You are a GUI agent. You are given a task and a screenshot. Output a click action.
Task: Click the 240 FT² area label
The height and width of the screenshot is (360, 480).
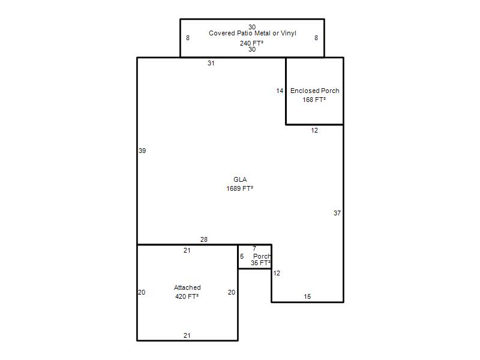(251, 43)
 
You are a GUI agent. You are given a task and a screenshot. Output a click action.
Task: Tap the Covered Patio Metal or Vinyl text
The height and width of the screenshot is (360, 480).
(253, 33)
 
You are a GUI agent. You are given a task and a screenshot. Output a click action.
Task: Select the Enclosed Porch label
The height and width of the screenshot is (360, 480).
(314, 91)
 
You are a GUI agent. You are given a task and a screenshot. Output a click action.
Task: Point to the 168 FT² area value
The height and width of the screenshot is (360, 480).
(314, 100)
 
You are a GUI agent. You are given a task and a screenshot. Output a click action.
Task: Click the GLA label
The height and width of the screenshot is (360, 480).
(240, 179)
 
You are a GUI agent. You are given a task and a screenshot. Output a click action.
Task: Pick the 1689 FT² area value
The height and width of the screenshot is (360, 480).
(239, 188)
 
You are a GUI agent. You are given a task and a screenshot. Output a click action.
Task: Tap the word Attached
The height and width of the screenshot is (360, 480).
(187, 287)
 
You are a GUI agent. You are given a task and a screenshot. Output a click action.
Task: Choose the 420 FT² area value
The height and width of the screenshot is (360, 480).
(187, 296)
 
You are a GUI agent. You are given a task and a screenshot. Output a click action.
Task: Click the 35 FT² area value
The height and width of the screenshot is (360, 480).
(260, 263)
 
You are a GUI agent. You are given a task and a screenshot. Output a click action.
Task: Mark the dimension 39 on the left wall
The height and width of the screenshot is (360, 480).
(142, 151)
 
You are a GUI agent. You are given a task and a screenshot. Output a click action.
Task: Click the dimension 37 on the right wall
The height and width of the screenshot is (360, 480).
(337, 213)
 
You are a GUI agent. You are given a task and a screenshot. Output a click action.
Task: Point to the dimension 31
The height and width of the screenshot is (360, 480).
(211, 63)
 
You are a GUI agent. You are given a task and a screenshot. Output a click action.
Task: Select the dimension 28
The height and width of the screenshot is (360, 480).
(204, 239)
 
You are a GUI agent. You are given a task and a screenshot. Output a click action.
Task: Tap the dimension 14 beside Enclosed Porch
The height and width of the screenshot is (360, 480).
(280, 91)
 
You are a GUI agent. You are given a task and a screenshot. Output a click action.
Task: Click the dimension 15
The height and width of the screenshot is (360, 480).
(307, 296)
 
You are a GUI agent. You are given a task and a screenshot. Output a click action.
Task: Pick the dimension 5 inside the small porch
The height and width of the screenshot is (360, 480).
(242, 256)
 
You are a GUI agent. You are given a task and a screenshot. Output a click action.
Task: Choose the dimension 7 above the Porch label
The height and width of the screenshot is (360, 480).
(254, 248)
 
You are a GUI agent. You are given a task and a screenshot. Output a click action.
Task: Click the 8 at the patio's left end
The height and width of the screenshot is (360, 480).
(188, 38)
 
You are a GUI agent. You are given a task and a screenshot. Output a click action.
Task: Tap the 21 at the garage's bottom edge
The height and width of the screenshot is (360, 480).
(187, 335)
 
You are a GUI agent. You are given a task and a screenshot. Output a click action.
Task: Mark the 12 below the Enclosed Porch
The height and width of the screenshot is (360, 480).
(314, 130)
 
